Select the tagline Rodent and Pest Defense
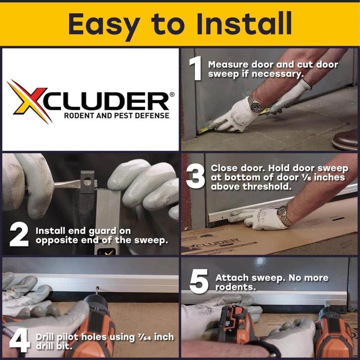(117, 116)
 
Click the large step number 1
(196, 68)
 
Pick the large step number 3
(195, 176)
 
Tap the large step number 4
(19, 340)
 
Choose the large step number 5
(199, 282)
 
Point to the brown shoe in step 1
(346, 139)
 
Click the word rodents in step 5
(235, 287)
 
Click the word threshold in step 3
(267, 186)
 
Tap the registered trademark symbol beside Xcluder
(171, 94)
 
